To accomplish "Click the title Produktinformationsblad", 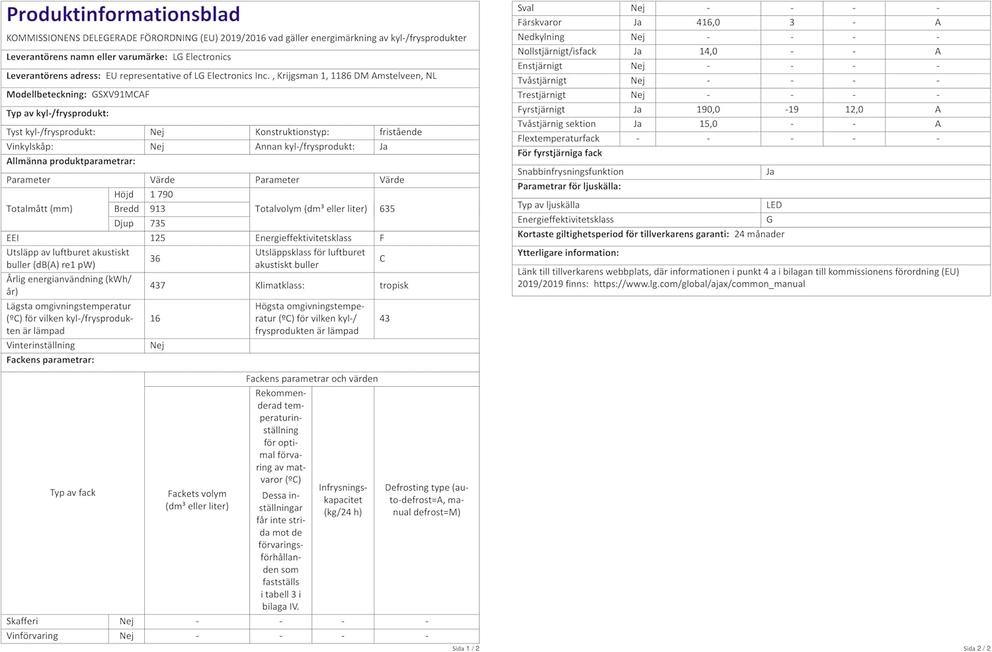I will pyautogui.click(x=123, y=14).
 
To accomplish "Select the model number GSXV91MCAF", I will pyautogui.click(x=120, y=95).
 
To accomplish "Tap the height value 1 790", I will pyautogui.click(x=161, y=194).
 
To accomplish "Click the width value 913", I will pyautogui.click(x=157, y=209).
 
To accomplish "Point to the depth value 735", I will pyautogui.click(x=157, y=224).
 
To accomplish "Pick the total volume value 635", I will pyautogui.click(x=387, y=209).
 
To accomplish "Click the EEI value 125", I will pyautogui.click(x=157, y=238).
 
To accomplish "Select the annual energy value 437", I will pyautogui.click(x=157, y=286).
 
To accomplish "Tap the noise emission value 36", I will pyautogui.click(x=155, y=259).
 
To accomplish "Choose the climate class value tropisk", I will pyautogui.click(x=393, y=286).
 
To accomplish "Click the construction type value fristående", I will pyautogui.click(x=400, y=132).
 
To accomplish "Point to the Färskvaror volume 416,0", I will pyautogui.click(x=708, y=22).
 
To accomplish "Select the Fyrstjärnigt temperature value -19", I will pyautogui.click(x=792, y=110).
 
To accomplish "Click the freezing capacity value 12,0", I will pyautogui.click(x=854, y=110).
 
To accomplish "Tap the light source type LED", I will pyautogui.click(x=774, y=205).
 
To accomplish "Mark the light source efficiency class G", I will pyautogui.click(x=769, y=220).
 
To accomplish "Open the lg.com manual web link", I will pyautogui.click(x=699, y=284).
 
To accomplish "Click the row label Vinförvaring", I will pyautogui.click(x=32, y=636).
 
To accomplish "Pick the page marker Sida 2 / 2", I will pyautogui.click(x=976, y=649).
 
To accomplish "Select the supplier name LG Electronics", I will pyautogui.click(x=202, y=57).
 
